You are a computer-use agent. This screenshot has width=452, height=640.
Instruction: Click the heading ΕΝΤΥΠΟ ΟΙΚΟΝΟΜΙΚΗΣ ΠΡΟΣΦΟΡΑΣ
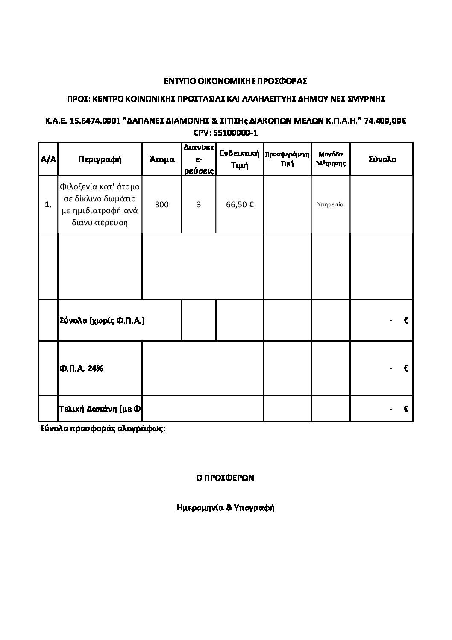(x=236, y=80)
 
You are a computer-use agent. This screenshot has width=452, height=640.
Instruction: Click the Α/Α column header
(x=48, y=159)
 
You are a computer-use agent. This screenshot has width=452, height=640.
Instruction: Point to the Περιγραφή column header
(x=100, y=159)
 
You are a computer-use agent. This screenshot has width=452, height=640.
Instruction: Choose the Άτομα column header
(x=162, y=159)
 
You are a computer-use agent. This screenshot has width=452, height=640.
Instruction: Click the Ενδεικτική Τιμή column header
(x=240, y=159)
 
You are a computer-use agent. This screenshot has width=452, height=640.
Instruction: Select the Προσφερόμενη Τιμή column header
(x=288, y=159)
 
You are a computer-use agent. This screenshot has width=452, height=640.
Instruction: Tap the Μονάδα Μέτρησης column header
(x=331, y=159)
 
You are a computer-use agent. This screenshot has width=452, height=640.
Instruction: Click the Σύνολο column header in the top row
(x=382, y=159)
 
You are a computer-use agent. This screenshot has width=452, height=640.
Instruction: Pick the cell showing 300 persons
(x=162, y=204)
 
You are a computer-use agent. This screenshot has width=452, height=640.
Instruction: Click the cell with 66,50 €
(x=240, y=204)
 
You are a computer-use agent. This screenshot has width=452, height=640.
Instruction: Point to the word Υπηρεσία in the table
(x=331, y=204)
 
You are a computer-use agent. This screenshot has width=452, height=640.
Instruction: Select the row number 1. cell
(x=48, y=205)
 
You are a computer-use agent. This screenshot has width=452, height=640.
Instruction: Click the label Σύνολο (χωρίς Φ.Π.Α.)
(x=102, y=320)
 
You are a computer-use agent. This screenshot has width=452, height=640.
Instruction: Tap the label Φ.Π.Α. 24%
(x=81, y=368)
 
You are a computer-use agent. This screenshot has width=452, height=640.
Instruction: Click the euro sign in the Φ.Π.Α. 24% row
(x=406, y=368)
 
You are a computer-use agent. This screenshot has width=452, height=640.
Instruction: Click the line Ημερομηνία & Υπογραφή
(x=225, y=508)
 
